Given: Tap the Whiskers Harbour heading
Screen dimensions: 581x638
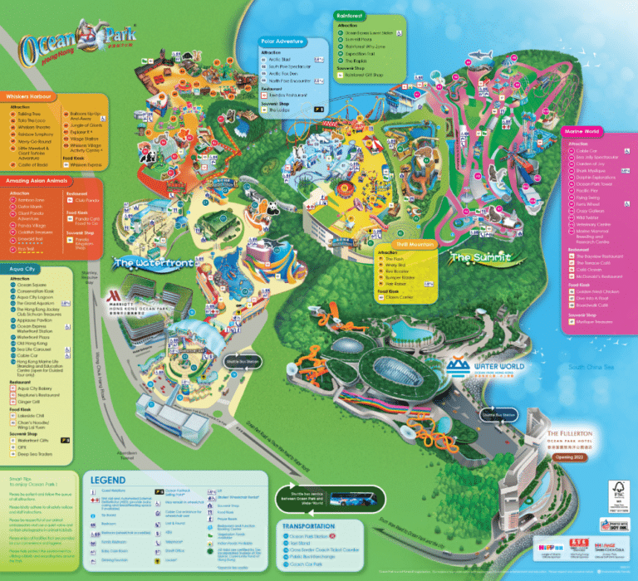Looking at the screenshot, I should [32, 96].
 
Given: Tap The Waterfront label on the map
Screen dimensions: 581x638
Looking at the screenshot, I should [146, 263].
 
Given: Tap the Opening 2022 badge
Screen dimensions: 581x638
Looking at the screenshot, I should [578, 456].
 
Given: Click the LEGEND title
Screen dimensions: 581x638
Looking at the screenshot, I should [107, 481].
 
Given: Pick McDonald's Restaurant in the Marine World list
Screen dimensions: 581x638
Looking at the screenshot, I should [601, 275].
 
